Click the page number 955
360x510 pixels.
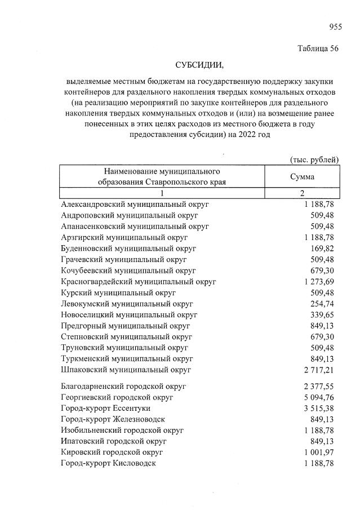(335, 26)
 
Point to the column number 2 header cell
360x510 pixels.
(302, 193)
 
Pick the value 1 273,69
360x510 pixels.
(318, 282)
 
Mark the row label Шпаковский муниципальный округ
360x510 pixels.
(126, 370)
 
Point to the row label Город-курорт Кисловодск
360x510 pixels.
(108, 463)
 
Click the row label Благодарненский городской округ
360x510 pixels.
(123, 386)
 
